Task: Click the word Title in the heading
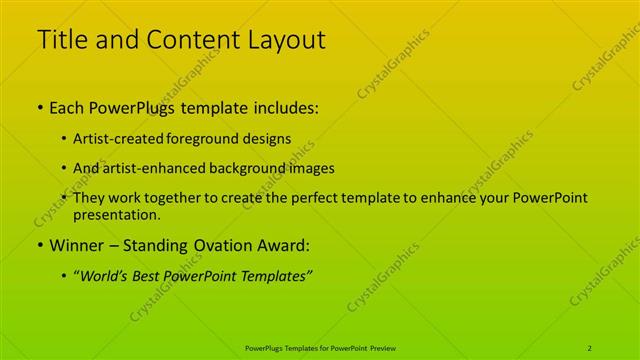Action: [x=60, y=41]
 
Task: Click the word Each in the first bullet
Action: [x=67, y=108]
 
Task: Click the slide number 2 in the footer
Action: [x=590, y=347]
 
